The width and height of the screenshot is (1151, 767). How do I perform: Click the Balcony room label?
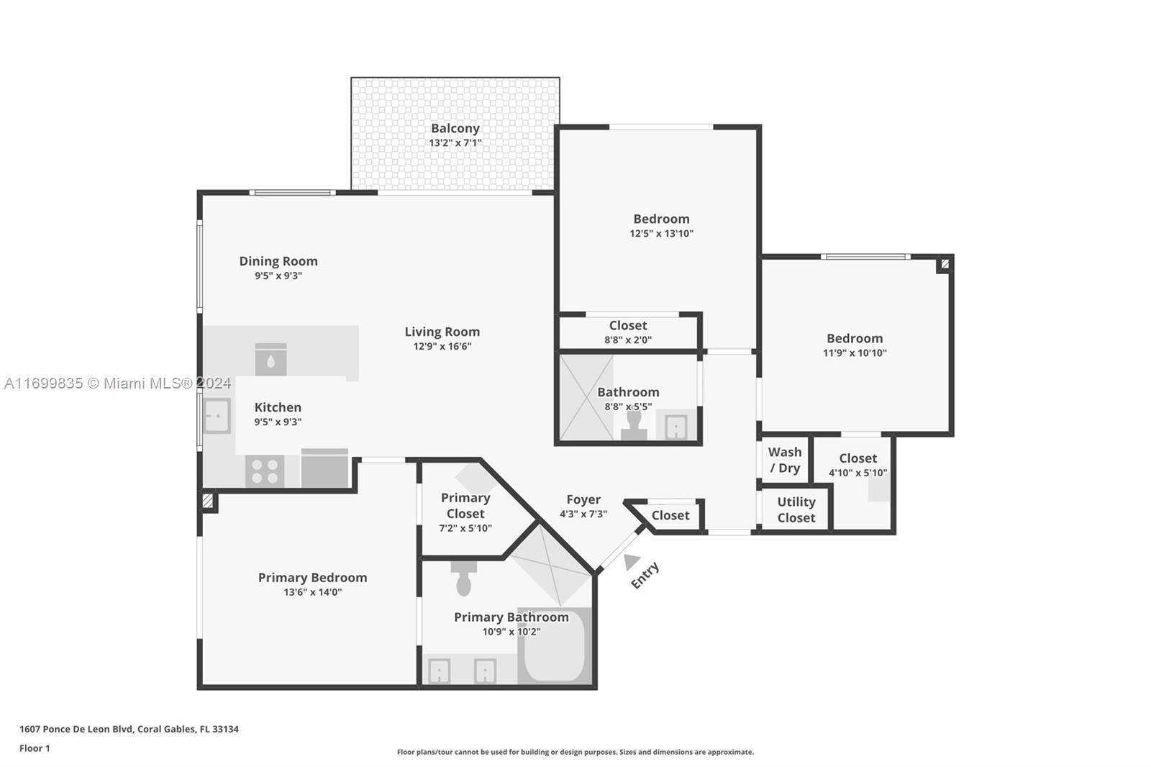pos(455,129)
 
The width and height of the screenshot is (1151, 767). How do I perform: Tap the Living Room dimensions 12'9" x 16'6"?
pos(442,347)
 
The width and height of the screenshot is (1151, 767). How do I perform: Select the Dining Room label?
pos(278,261)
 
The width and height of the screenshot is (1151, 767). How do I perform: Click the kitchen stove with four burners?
pos(265,471)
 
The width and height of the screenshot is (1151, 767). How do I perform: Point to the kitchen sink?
pos(217,415)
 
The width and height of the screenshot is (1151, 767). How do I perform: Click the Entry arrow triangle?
pos(631,562)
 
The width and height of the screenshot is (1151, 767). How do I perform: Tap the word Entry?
pos(645,576)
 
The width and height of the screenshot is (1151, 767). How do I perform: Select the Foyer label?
pos(583,499)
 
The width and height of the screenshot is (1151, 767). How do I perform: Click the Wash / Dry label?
pos(785,460)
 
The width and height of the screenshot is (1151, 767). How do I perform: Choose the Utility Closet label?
pos(796,510)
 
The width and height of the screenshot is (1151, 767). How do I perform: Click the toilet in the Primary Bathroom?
pos(463,579)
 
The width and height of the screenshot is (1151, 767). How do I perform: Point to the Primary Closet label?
pos(465,506)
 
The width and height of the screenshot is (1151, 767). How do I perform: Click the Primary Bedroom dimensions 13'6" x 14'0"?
pos(312,592)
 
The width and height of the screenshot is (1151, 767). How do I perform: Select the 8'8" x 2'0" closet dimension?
pos(628,340)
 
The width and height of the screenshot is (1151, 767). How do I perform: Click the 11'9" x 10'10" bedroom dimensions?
pos(855,353)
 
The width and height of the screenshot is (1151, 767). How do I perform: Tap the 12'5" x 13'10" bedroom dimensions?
pos(661,234)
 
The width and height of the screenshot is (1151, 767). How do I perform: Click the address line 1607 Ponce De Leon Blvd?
pos(129,729)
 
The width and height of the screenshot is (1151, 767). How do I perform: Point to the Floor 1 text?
pos(35,748)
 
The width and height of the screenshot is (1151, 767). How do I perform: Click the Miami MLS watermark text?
pos(118,383)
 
